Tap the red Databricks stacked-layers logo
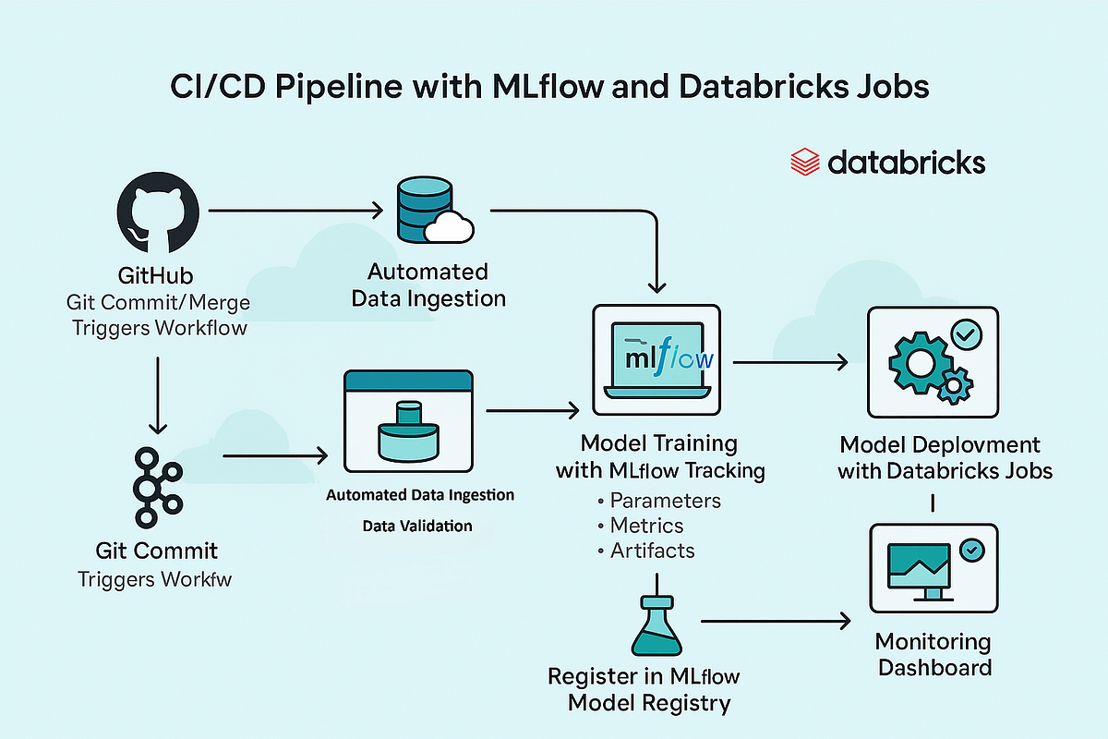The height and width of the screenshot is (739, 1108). point(805,164)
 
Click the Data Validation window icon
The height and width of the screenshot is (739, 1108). point(407,421)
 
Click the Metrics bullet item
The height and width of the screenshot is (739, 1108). point(646,526)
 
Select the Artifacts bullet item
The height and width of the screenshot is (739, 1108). point(652,551)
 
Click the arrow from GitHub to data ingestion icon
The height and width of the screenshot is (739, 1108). point(295,212)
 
